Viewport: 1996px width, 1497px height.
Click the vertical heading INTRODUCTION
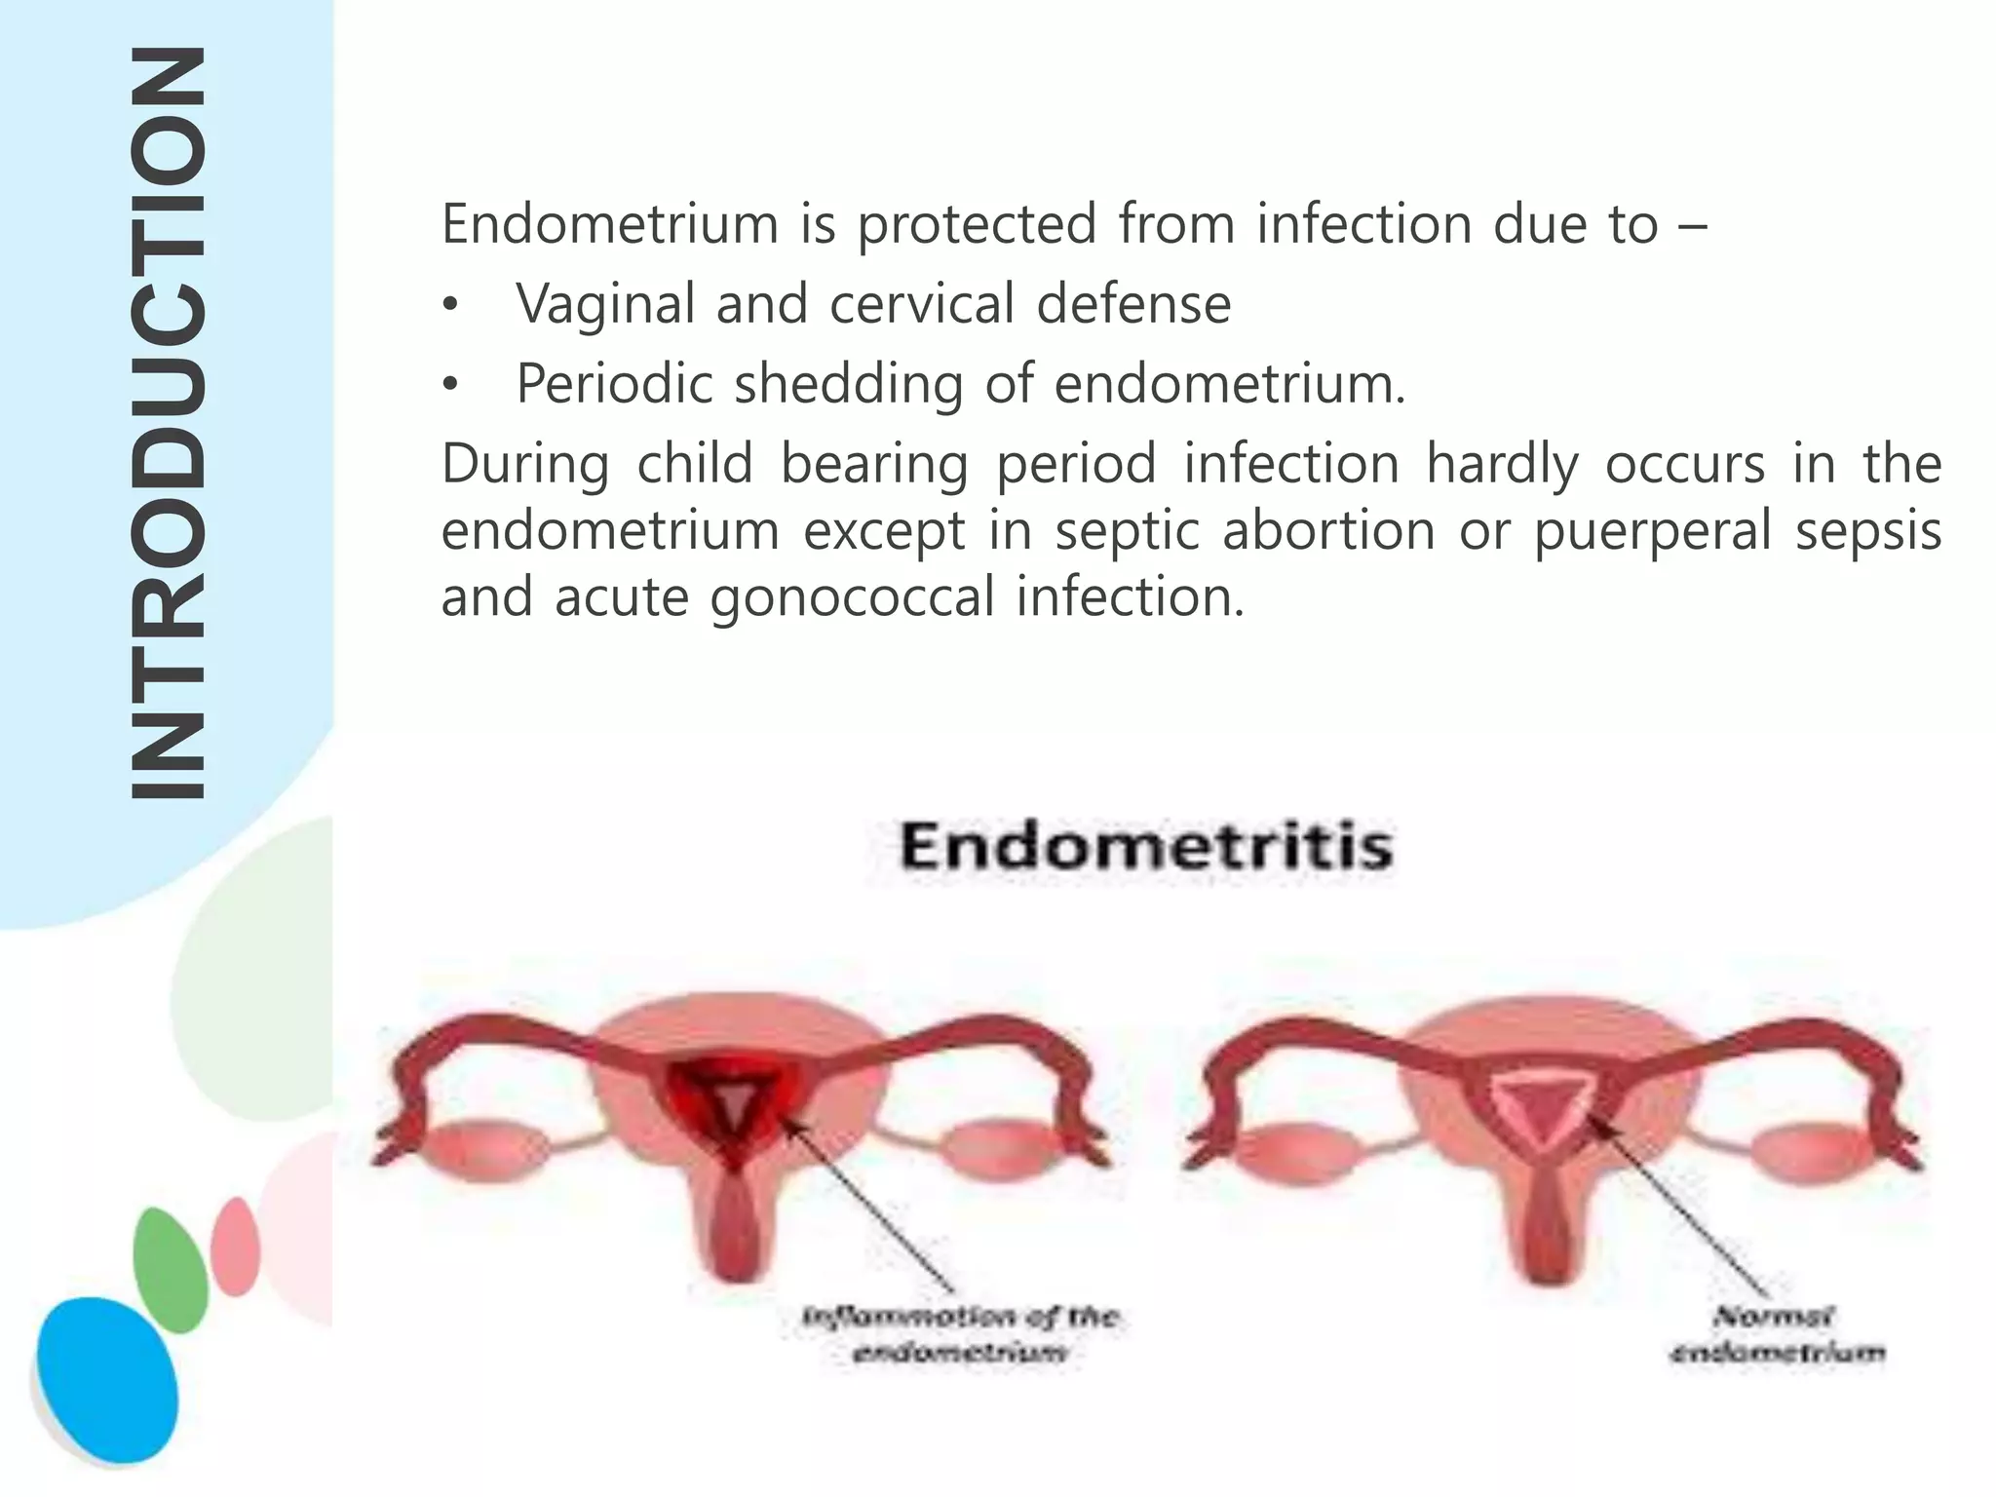(167, 424)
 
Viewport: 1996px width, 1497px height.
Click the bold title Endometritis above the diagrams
(1146, 846)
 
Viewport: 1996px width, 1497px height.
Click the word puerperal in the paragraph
(1651, 532)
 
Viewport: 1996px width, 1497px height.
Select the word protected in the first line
(977, 225)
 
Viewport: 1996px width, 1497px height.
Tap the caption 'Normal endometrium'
(1776, 1334)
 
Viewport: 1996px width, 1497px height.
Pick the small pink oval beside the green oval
(236, 1247)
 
